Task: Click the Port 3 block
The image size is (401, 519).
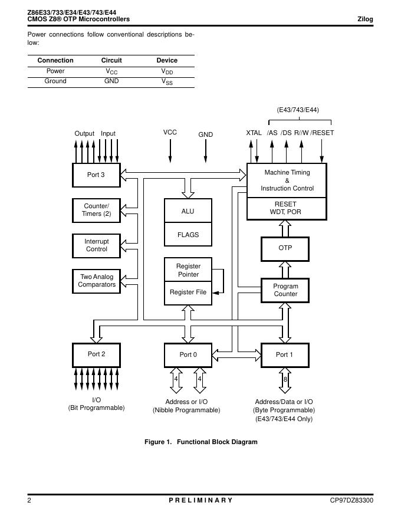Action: pyautogui.click(x=96, y=175)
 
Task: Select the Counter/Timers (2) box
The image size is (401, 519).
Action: pyautogui.click(x=96, y=211)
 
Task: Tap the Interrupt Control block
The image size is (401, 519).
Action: pyautogui.click(x=96, y=245)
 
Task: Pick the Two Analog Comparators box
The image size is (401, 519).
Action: pyautogui.click(x=96, y=281)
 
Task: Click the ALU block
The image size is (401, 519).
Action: pyautogui.click(x=188, y=211)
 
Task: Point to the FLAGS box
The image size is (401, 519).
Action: pyautogui.click(x=188, y=234)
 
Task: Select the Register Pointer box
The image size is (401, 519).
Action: pyautogui.click(x=188, y=270)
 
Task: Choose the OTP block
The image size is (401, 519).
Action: pyautogui.click(x=285, y=248)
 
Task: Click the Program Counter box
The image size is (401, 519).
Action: pyautogui.click(x=285, y=290)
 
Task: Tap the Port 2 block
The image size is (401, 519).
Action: pyautogui.click(x=96, y=354)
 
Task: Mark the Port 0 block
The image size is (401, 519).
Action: pyautogui.click(x=188, y=354)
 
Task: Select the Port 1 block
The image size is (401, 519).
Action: pyautogui.click(x=284, y=354)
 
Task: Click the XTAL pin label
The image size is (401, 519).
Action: pyautogui.click(x=254, y=133)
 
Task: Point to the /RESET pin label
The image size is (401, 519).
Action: pyautogui.click(x=322, y=133)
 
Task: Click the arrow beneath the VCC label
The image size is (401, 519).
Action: pyautogui.click(x=170, y=151)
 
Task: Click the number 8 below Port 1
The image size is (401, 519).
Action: pyautogui.click(x=285, y=380)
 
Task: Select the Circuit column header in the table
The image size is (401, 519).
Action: pyautogui.click(x=111, y=60)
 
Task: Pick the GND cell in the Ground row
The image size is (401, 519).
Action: pyautogui.click(x=111, y=81)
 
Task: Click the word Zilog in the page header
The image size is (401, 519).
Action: pyautogui.click(x=365, y=19)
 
